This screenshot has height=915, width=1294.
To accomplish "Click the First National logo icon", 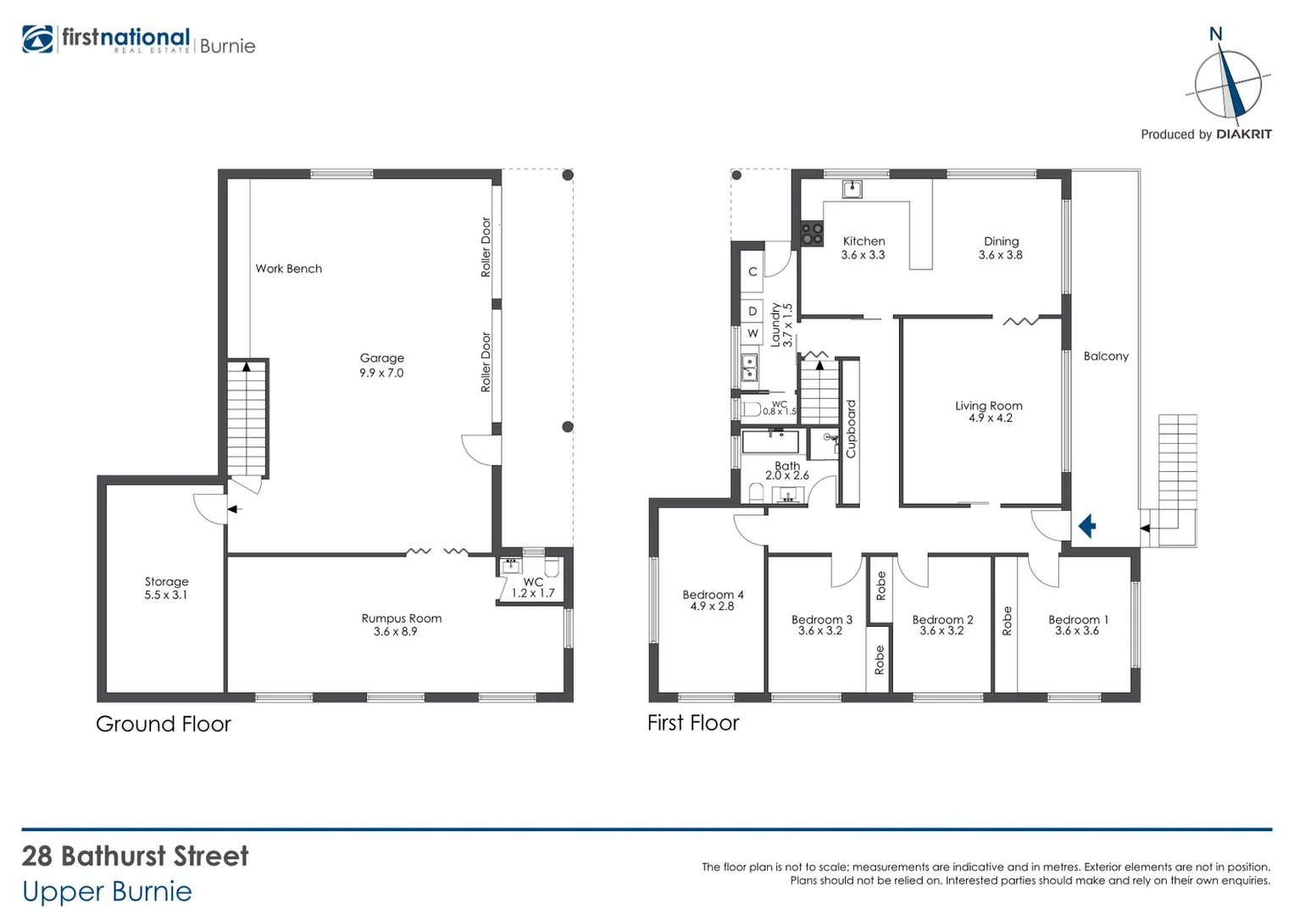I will (38, 40).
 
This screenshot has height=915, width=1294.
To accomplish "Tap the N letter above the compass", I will (1215, 35).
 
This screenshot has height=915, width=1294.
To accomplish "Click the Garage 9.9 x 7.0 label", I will (381, 365).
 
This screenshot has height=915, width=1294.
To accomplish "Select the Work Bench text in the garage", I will (288, 269).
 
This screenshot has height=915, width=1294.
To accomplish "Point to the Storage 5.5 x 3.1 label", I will (166, 588).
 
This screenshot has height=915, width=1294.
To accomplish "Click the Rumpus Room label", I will (401, 624).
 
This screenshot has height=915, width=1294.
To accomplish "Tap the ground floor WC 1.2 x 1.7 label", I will (532, 588).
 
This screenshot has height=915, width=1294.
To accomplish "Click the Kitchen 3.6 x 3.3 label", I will (863, 247).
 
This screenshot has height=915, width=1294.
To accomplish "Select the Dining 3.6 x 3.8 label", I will (1001, 247).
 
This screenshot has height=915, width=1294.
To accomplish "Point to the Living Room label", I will (989, 412).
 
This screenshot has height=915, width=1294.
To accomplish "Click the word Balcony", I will (1106, 356).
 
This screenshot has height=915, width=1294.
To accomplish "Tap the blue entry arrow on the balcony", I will (1087, 526).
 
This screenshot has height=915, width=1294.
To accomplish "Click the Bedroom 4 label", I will (713, 600).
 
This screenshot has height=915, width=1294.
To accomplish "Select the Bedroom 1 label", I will (1078, 624).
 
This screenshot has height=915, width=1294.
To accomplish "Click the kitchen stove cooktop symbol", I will (812, 233).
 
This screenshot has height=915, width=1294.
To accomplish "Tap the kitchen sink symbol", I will (852, 189).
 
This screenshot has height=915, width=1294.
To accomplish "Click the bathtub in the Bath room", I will (770, 442).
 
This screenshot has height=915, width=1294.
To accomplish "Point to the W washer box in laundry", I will (752, 334).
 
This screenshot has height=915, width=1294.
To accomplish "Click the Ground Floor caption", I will (163, 724).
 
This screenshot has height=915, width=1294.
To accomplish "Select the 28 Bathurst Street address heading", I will (136, 856).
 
